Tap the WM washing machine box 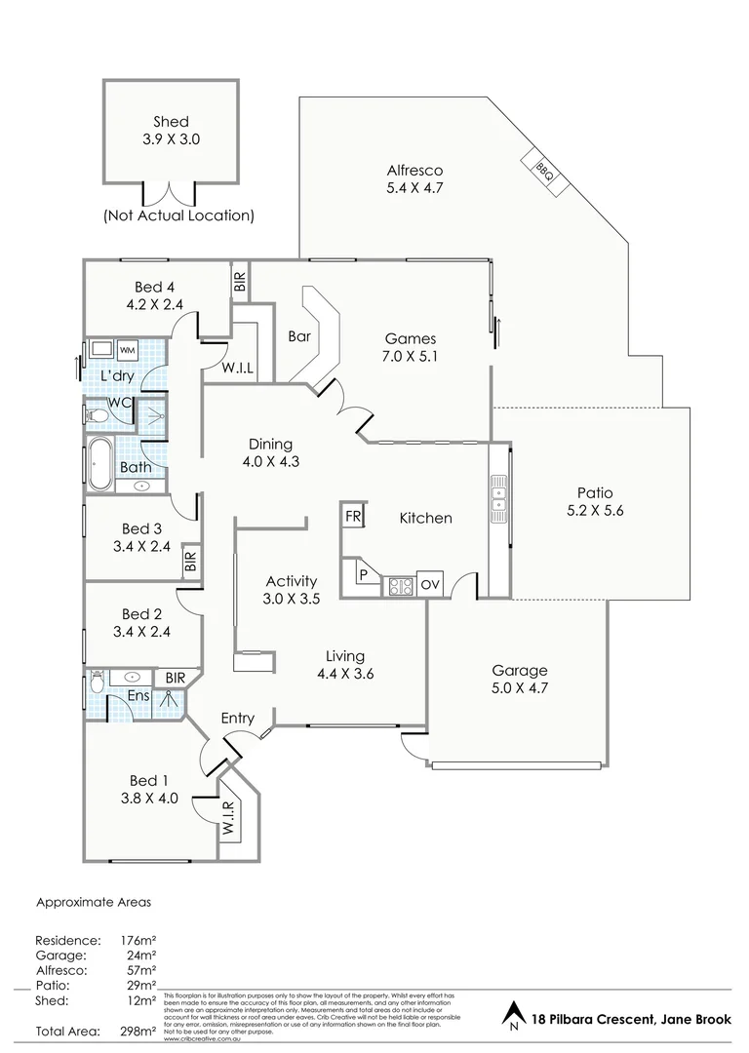127,350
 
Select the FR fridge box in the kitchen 352,515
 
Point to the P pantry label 363,575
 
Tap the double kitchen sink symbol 499,492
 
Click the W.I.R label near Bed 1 228,819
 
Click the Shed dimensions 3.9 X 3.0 171,139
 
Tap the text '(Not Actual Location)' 178,215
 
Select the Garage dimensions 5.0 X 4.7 519,688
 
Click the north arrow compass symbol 512,1018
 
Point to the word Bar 299,336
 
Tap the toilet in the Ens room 96,681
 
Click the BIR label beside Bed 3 190,562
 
